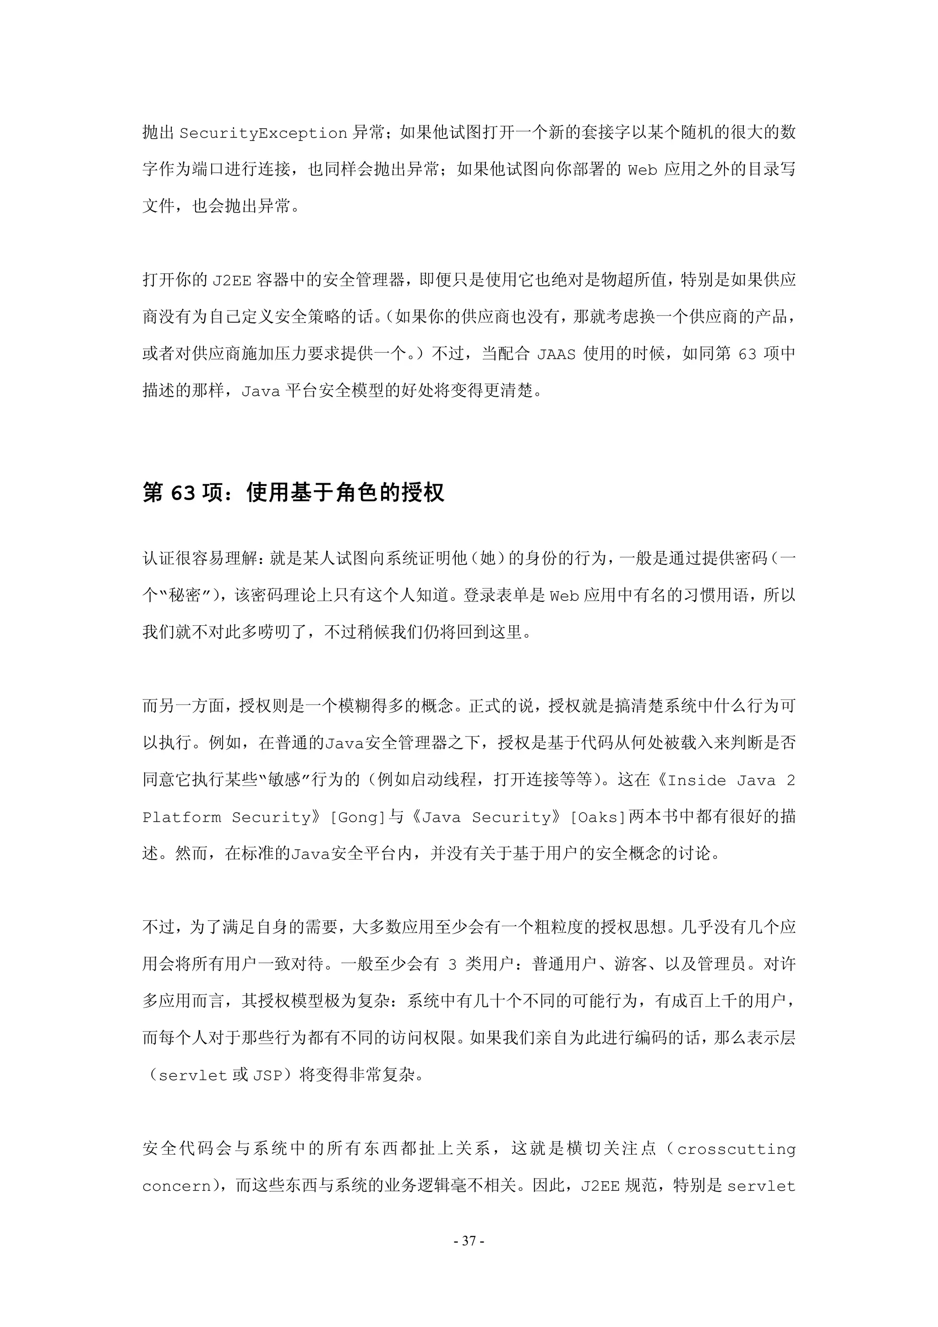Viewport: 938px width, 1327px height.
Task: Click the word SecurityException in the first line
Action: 263,133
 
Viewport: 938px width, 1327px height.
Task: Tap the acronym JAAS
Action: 556,354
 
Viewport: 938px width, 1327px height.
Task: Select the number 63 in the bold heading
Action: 183,493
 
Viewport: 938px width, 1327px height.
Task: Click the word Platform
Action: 181,817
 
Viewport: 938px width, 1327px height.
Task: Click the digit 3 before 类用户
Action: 453,965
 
